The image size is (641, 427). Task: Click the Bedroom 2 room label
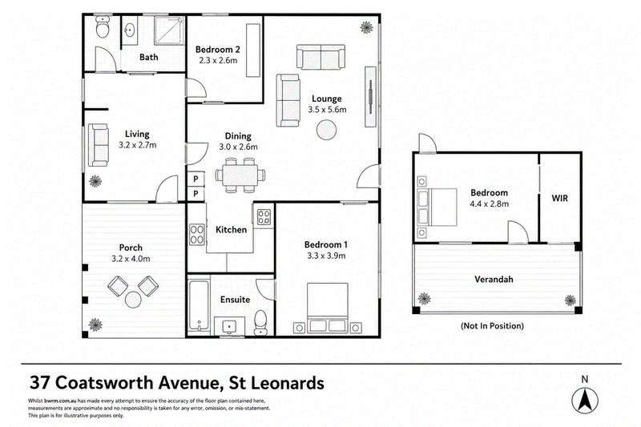217,50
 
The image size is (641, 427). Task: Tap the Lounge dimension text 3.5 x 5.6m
327,110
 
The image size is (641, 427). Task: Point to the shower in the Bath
169,30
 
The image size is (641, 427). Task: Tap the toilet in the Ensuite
260,322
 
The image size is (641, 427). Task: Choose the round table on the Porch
133,300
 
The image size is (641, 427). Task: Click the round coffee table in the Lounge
327,131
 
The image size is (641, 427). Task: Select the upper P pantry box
196,179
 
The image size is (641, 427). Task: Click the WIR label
559,198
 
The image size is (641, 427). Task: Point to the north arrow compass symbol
585,400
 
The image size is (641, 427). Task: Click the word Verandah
494,280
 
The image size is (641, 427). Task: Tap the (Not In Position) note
492,326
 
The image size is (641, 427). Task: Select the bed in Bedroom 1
328,308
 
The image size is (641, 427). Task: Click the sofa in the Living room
99,145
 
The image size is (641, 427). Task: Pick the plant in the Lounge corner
366,27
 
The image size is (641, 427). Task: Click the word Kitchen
231,230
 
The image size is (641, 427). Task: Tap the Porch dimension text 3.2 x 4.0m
131,259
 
